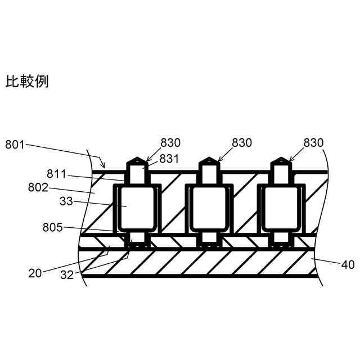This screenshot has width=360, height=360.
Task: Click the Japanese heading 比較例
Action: tap(27, 82)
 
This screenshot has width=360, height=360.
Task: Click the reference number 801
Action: tap(15, 145)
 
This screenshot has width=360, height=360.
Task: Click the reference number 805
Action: tap(52, 228)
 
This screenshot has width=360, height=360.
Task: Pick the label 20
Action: tap(35, 273)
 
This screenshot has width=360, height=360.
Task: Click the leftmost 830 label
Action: tap(170, 143)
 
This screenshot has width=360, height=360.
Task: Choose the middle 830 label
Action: tap(242, 143)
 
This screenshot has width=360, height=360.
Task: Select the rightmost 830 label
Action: tap(314, 143)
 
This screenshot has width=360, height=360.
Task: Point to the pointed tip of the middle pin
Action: tap(208, 159)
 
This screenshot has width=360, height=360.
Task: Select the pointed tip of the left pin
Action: tap(136, 159)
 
